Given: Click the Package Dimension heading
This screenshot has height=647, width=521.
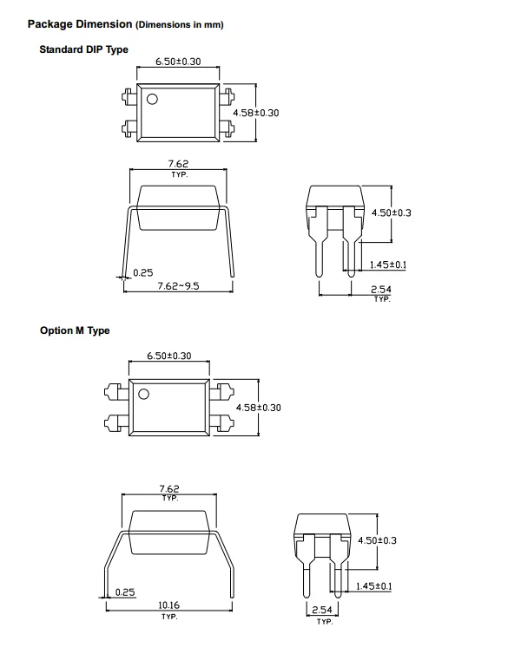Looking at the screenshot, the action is click(80, 24).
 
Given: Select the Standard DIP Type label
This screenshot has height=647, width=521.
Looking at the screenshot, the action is click(84, 49).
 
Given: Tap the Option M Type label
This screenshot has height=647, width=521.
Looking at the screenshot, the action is click(75, 330).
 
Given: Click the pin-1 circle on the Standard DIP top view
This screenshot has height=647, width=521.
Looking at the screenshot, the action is click(152, 99).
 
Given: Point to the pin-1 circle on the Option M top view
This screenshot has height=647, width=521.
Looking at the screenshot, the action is click(143, 394).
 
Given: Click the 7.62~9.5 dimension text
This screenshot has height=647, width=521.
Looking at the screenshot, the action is click(179, 286).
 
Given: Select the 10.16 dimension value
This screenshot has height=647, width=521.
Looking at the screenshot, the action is click(169, 605).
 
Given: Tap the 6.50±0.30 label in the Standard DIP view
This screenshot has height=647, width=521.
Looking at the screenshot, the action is click(178, 62).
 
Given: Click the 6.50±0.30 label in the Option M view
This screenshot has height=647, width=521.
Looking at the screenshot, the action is click(169, 356).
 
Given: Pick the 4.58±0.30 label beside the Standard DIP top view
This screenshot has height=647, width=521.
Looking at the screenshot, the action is click(256, 113).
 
